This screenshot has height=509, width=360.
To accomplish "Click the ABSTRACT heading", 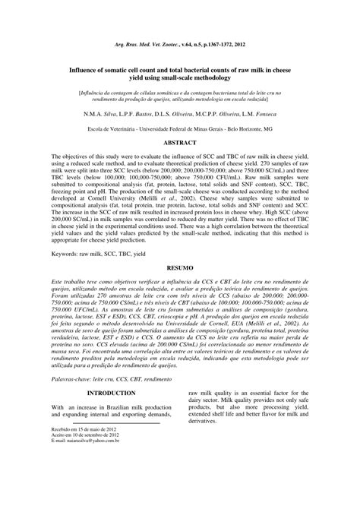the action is [180, 121].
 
